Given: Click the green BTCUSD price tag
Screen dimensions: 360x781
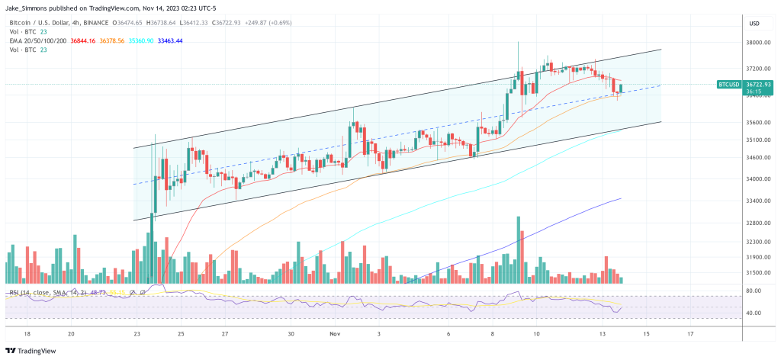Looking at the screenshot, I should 728,85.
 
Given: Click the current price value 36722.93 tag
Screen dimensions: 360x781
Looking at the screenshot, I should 759,83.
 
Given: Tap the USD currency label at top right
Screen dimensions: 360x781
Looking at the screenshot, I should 756,22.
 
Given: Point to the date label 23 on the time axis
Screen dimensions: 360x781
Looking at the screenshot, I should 137,334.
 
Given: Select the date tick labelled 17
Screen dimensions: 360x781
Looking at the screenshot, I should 691,334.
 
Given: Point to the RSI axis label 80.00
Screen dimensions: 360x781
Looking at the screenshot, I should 754,291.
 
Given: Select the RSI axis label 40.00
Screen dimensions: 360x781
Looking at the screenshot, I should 754,313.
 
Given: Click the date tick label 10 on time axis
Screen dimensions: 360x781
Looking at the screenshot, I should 536,334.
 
